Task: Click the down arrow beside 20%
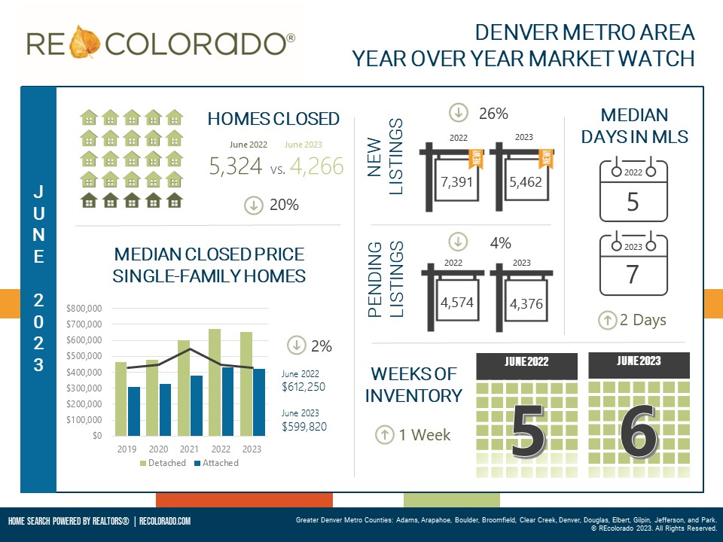tap(254, 205)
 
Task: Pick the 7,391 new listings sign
tap(458, 182)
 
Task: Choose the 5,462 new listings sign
tap(526, 182)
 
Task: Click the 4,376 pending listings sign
tap(526, 303)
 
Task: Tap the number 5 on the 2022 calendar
tap(633, 202)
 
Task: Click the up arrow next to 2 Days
tap(608, 320)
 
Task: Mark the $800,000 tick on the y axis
tap(84, 309)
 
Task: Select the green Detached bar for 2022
tap(214, 382)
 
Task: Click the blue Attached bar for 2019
tap(134, 411)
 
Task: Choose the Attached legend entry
tap(216, 463)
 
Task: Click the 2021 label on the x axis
tap(190, 449)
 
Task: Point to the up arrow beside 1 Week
tap(383, 434)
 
